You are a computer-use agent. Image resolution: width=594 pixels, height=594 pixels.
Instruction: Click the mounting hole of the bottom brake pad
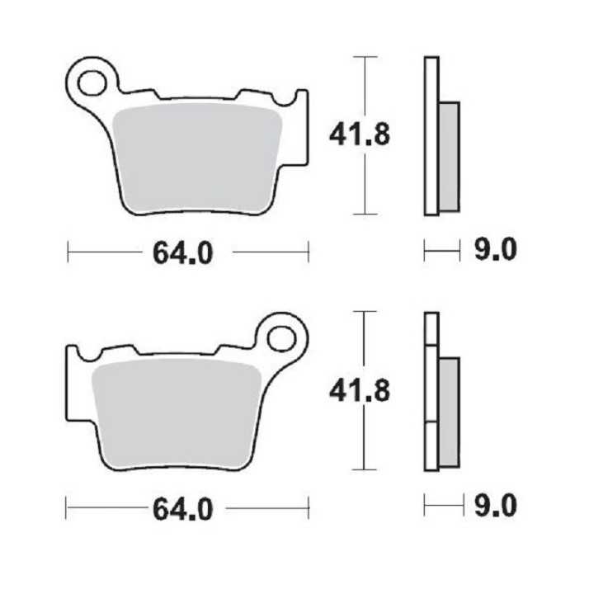point(281,337)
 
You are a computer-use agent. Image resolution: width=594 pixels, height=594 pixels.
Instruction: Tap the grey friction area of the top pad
point(198,157)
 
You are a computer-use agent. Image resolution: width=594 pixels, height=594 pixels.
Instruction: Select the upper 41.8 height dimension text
point(360,134)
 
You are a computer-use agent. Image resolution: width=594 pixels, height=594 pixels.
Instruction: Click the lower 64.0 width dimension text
point(183,508)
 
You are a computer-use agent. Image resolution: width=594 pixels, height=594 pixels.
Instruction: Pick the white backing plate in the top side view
point(431,136)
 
